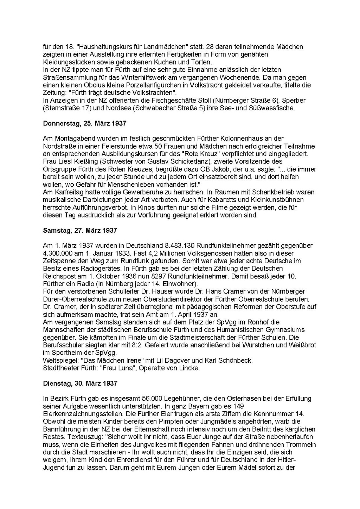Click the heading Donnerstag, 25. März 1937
(84, 123)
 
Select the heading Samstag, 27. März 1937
(80, 231)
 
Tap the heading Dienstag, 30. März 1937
(80, 383)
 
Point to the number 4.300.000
(58, 253)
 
